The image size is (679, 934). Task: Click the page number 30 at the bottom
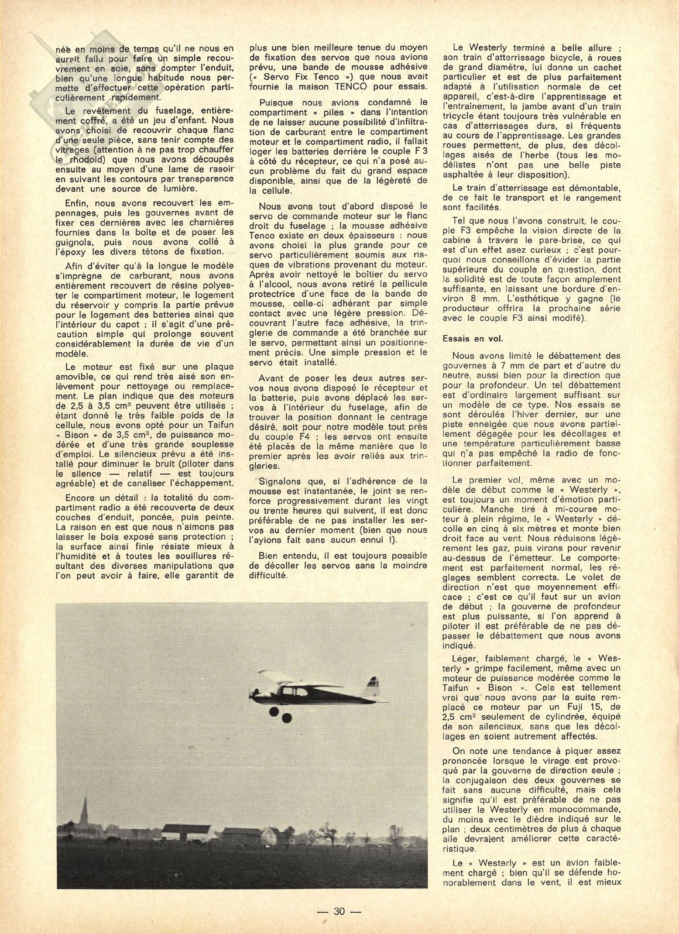coord(339,910)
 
